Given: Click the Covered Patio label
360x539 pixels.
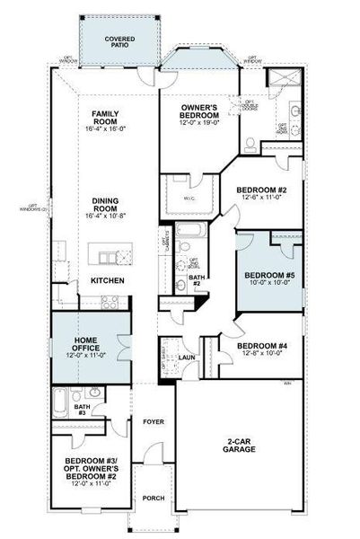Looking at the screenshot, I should tap(119, 41).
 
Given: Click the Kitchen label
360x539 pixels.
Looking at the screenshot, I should tap(108, 281).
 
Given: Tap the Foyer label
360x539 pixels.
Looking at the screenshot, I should tap(153, 420).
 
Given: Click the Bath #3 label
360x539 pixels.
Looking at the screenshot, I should tap(82, 410).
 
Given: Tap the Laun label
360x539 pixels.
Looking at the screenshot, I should tap(187, 358).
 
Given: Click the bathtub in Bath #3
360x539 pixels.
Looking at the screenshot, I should tap(60, 401).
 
